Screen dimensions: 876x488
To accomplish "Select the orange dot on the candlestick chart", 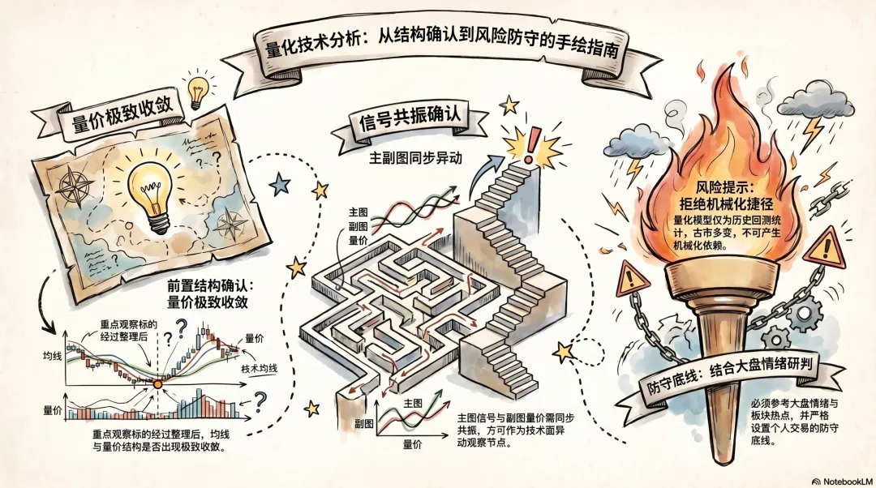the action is point(157,383).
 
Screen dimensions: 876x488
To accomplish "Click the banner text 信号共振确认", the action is point(409,122).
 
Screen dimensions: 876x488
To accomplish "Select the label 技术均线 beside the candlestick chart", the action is point(259,369).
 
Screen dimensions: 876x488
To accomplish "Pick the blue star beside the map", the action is point(281,183).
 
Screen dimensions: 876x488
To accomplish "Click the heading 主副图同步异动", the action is point(415,158).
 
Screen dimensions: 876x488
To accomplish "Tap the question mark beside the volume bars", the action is point(260,400).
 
